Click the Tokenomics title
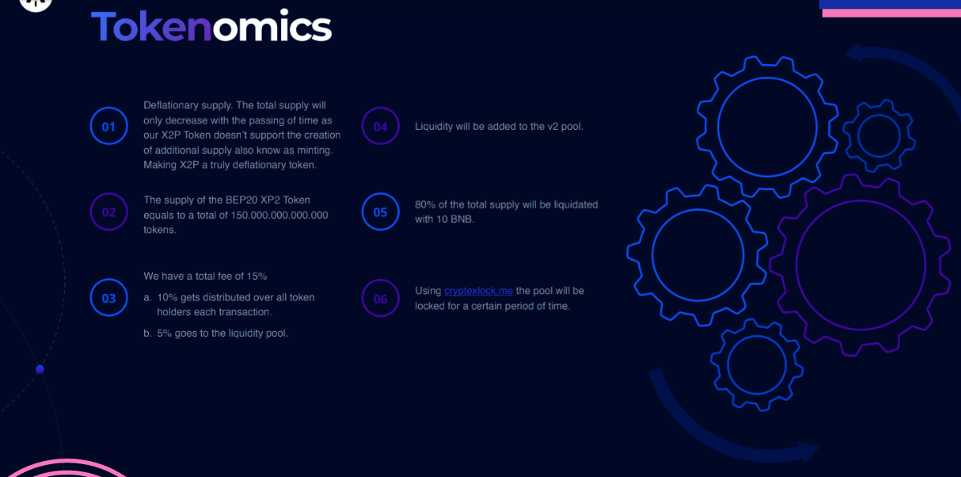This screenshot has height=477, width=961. pyautogui.click(x=211, y=26)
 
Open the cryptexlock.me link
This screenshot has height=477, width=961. pyautogui.click(x=478, y=291)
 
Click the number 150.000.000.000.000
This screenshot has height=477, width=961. pyautogui.click(x=279, y=215)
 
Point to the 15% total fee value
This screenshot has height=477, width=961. pyautogui.click(x=256, y=276)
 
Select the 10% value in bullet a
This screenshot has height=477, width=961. pyautogui.click(x=167, y=297)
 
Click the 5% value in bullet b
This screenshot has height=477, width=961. pyautogui.click(x=164, y=333)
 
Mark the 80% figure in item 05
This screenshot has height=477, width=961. pyautogui.click(x=424, y=204)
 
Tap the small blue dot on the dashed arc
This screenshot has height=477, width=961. pyautogui.click(x=40, y=370)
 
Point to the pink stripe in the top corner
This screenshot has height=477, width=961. pyautogui.click(x=891, y=14)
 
